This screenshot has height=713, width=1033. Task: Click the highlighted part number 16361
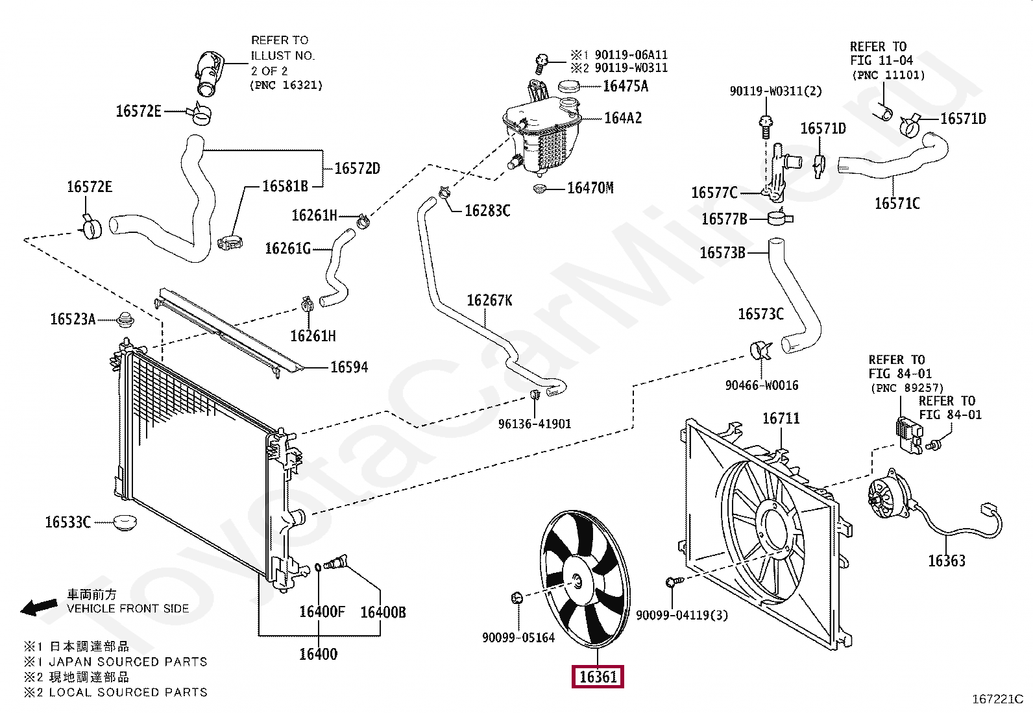[597, 677]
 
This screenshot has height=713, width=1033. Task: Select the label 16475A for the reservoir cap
[625, 86]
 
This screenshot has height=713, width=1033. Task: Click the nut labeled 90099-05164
[517, 597]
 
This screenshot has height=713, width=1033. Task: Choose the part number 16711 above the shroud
[781, 418]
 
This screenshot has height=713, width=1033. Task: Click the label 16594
[349, 367]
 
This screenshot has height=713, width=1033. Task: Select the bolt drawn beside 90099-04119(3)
[673, 583]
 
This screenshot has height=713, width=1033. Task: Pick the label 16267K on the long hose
[489, 300]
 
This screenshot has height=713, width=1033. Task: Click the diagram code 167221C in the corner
[997, 699]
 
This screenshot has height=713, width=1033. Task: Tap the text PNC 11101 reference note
[888, 75]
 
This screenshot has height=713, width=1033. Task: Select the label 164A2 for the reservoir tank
[622, 118]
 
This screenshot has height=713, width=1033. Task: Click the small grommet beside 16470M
[538, 189]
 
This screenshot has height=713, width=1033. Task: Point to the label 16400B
[383, 612]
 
